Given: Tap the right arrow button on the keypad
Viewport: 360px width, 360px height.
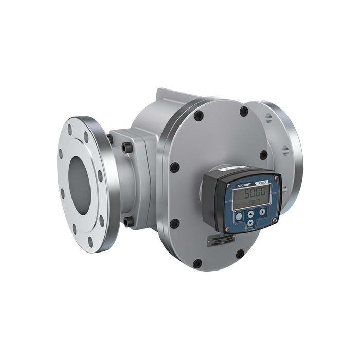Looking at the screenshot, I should pos(262,211).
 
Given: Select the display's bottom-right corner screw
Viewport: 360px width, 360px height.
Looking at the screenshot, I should pos(275,220).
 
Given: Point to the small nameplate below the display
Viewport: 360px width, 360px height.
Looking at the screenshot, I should pos(221,240).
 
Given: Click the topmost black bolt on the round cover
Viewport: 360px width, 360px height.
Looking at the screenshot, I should pos(244,111).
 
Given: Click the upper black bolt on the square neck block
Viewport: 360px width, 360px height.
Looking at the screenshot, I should pos(127,148).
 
